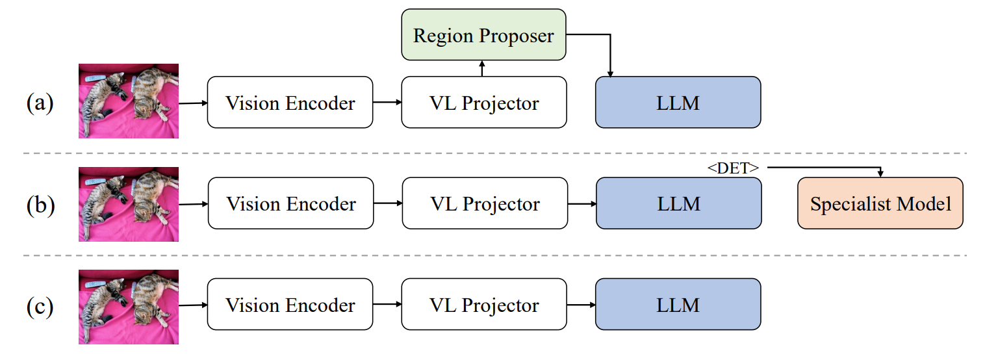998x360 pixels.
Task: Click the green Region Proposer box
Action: [x=483, y=35]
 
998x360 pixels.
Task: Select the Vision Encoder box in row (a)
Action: [x=290, y=103]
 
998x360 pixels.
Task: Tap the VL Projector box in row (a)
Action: [x=483, y=103]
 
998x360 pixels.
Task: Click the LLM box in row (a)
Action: [x=678, y=103]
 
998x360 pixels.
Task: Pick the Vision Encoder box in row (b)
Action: [x=290, y=203]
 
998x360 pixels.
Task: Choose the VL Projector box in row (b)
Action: [x=484, y=203]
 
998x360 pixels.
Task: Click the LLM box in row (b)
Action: [x=678, y=203]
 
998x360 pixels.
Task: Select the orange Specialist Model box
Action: [x=880, y=203]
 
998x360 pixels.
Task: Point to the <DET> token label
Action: [x=733, y=168]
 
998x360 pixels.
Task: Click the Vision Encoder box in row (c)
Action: [x=290, y=305]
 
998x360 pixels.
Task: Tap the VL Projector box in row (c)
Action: [x=483, y=305]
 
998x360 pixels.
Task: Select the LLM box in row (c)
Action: [x=678, y=305]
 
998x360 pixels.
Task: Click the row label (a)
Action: [x=40, y=103]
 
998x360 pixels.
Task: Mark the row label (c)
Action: [x=40, y=305]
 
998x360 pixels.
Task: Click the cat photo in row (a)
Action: [x=129, y=101]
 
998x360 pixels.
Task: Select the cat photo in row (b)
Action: [x=129, y=204]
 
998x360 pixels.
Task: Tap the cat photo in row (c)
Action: [x=129, y=307]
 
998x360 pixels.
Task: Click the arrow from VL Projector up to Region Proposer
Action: [x=482, y=68]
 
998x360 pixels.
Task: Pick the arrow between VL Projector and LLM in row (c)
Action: [x=580, y=305]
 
